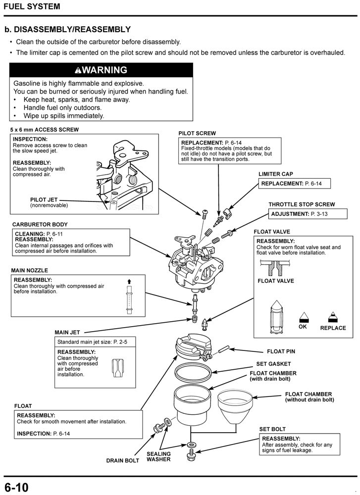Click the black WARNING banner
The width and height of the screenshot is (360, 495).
101,70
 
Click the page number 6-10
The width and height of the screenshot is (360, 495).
17,487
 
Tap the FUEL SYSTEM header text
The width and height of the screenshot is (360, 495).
32,6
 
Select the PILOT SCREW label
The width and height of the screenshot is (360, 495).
197,134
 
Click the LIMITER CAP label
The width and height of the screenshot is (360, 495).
276,174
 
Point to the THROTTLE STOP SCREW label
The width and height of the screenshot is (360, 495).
302,204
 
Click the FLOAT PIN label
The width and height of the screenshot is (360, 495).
281,351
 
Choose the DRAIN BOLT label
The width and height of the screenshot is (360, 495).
123,461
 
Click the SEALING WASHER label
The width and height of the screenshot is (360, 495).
158,456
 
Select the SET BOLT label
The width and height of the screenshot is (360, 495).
272,429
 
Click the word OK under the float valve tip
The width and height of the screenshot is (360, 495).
303,327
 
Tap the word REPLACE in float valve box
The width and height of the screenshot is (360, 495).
333,328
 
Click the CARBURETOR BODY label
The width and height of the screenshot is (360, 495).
40,224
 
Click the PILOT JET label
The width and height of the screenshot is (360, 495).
44,199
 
